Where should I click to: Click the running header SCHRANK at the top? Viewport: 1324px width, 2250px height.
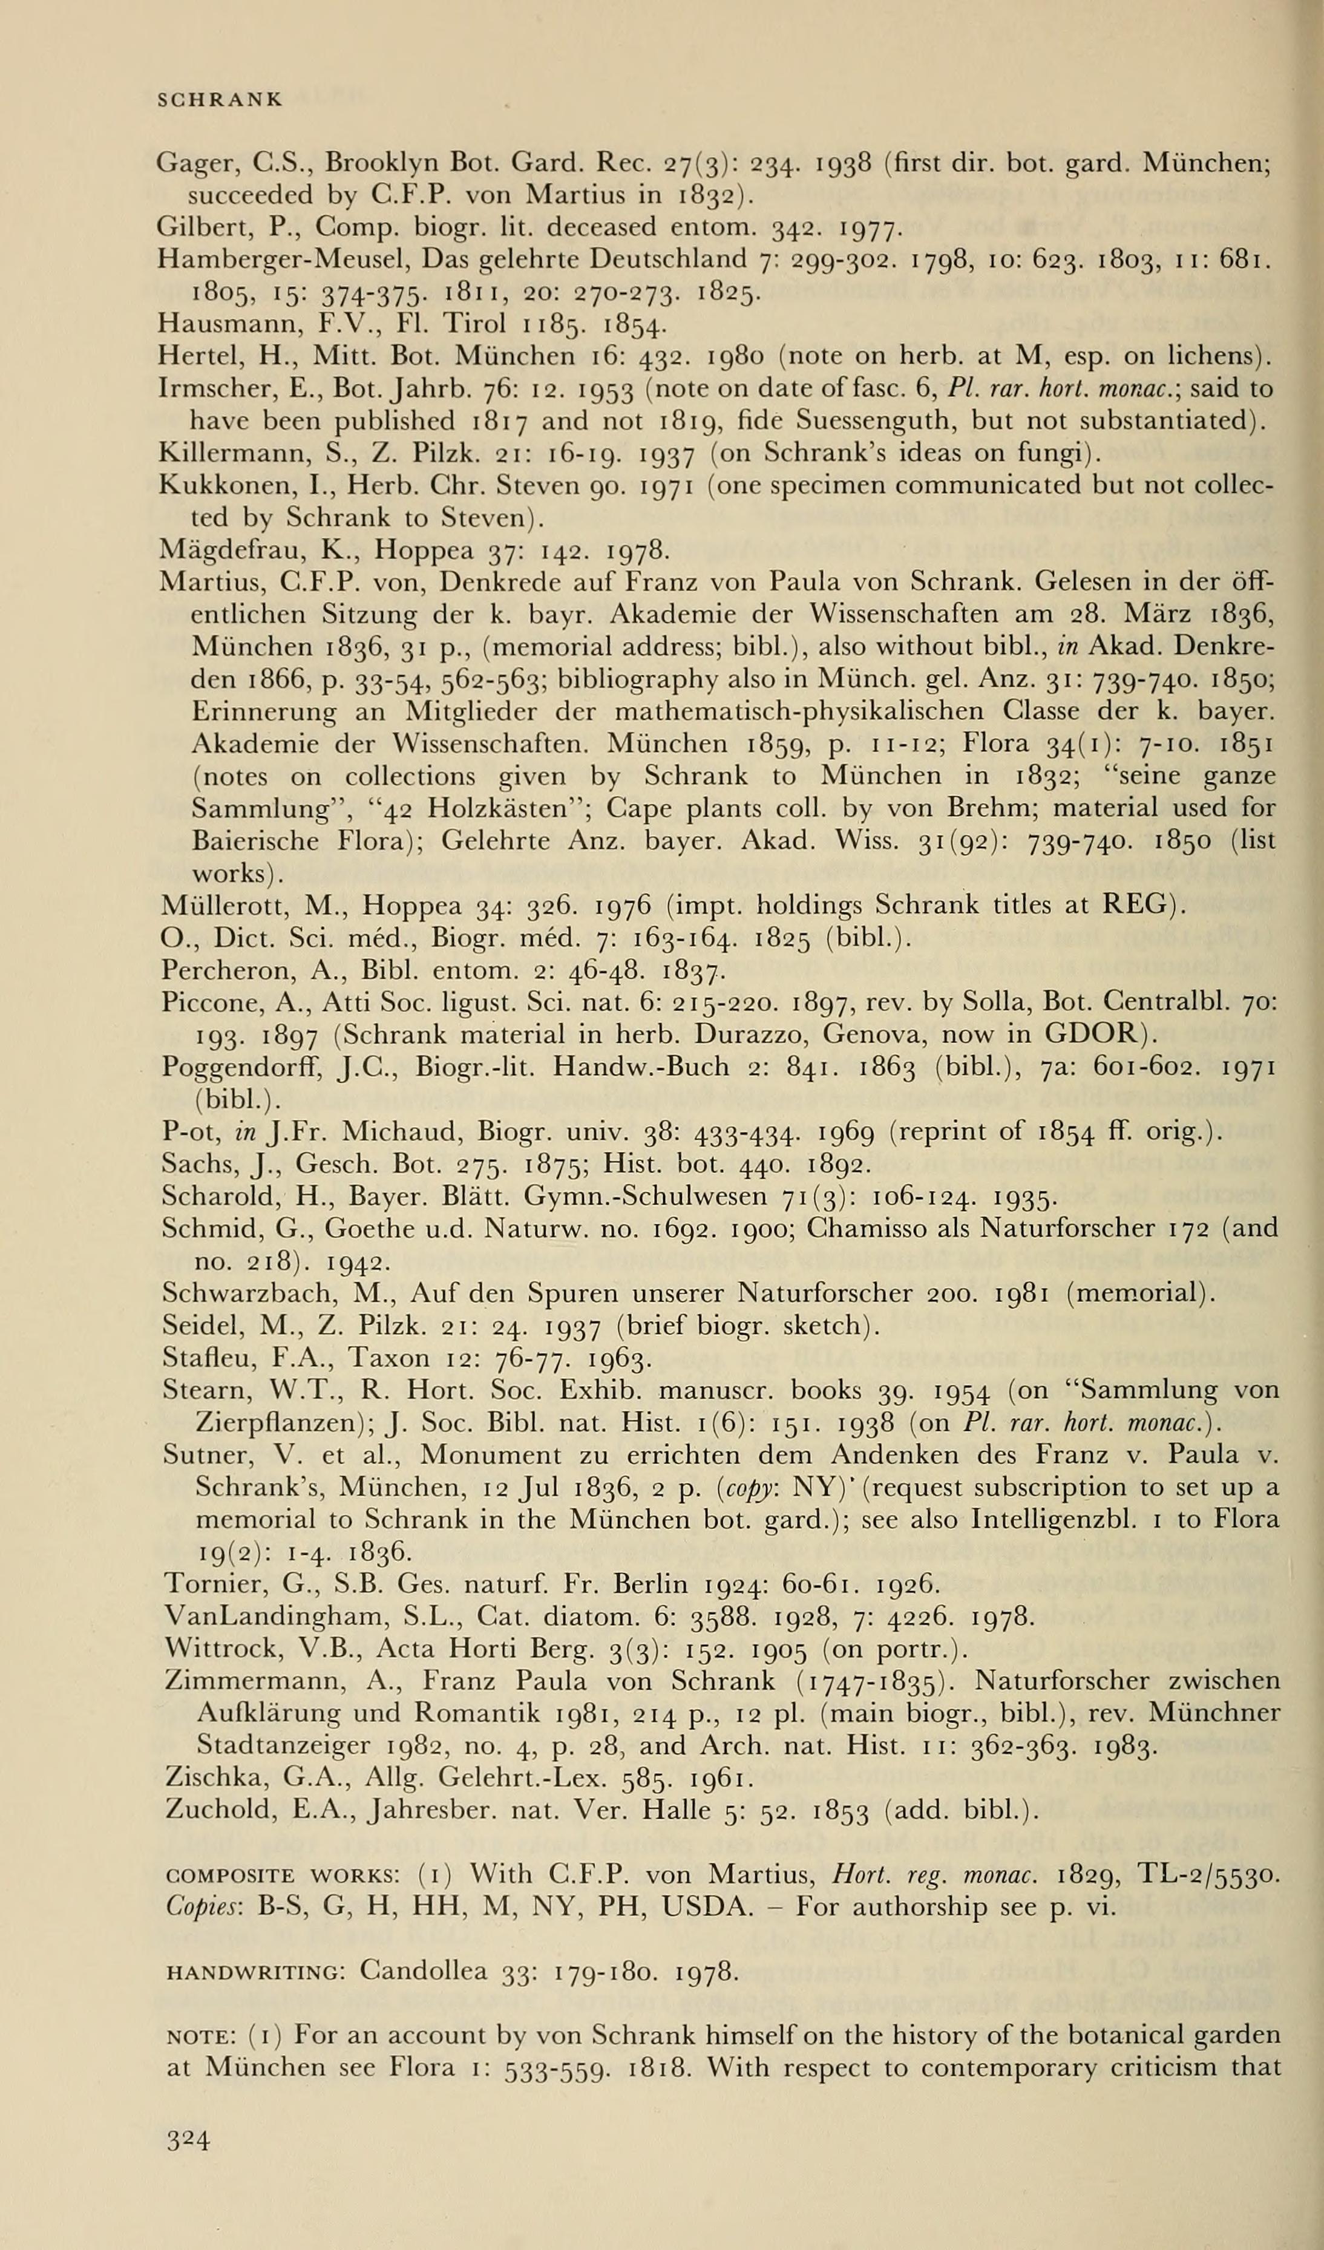pyautogui.click(x=220, y=99)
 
